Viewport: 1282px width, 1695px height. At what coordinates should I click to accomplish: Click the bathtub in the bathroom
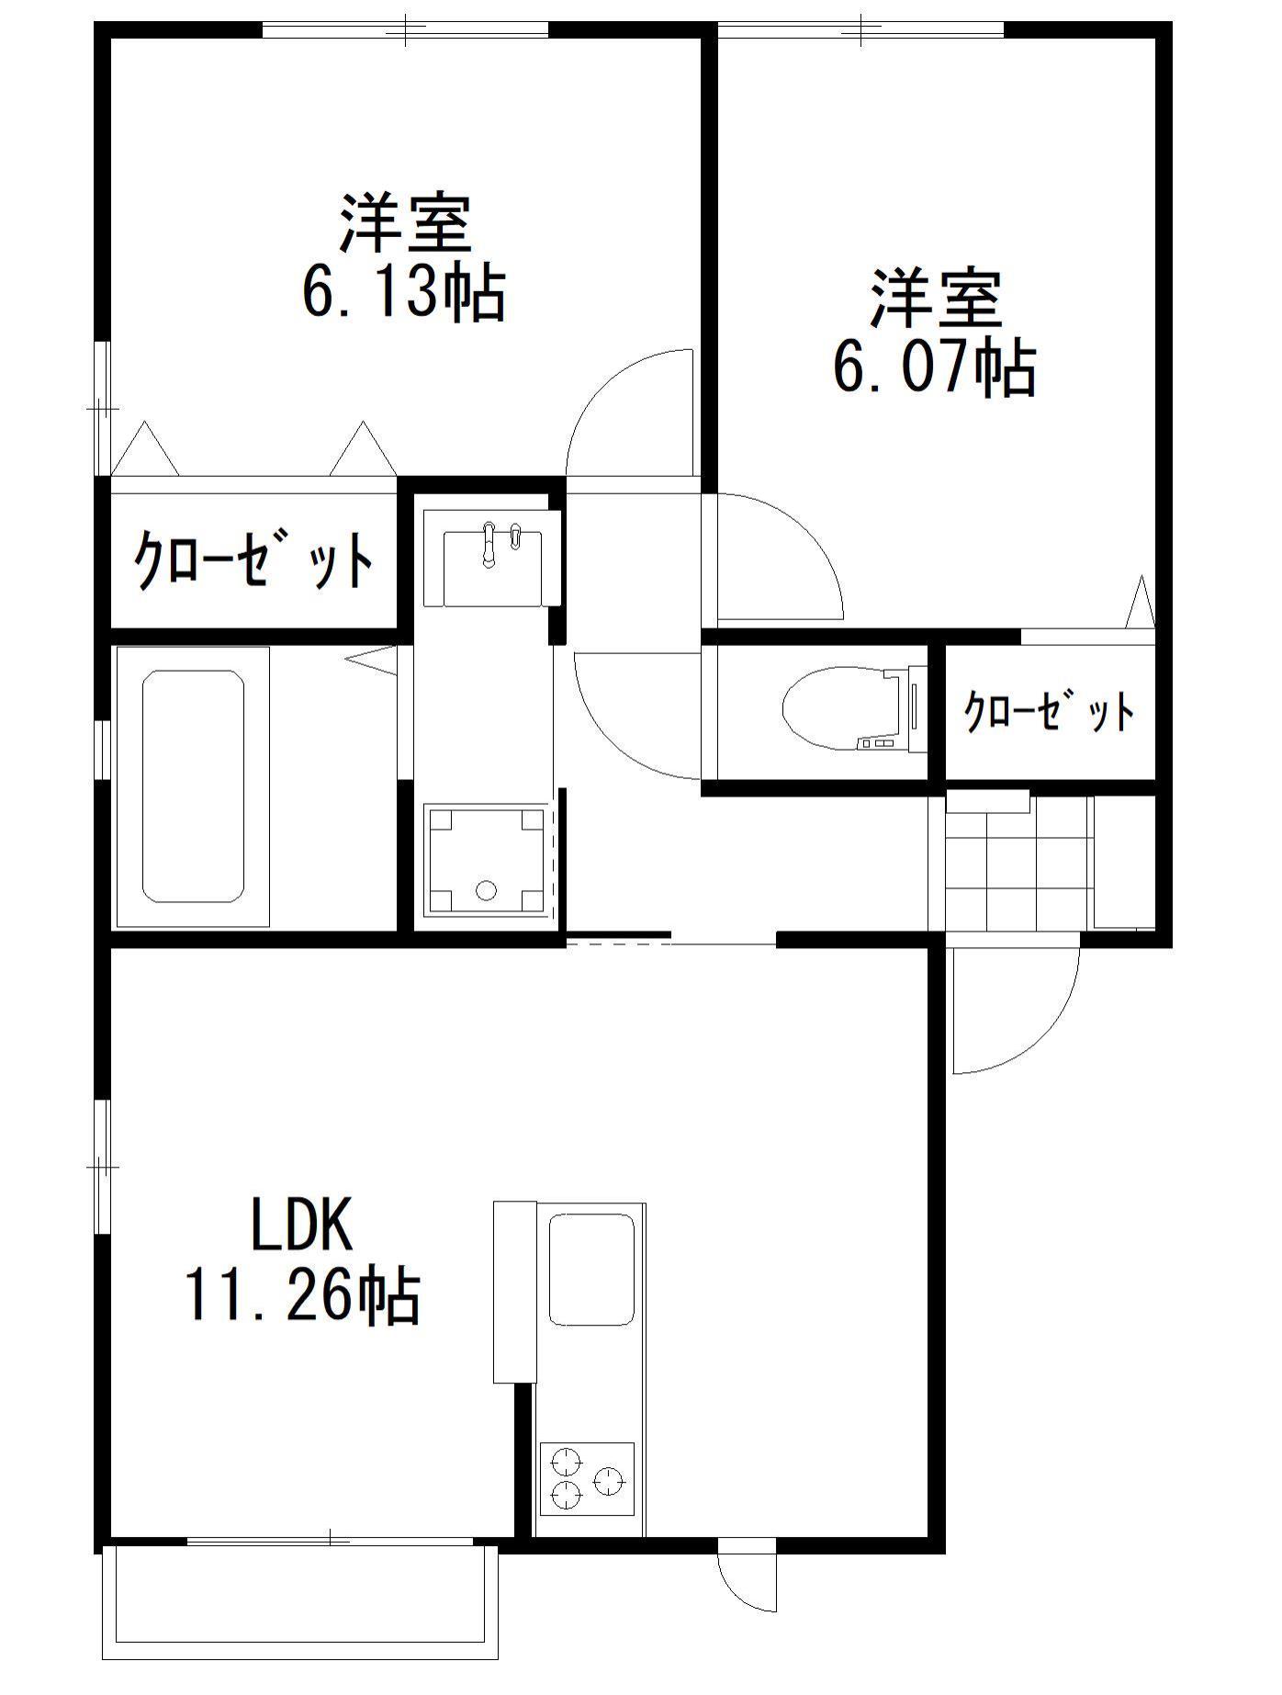click(x=193, y=786)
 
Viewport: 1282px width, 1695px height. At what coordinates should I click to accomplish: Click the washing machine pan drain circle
click(x=486, y=889)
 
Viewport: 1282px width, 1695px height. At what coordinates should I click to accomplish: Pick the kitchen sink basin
click(x=591, y=1269)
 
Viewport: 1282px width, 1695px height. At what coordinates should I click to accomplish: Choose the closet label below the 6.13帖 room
click(x=255, y=559)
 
